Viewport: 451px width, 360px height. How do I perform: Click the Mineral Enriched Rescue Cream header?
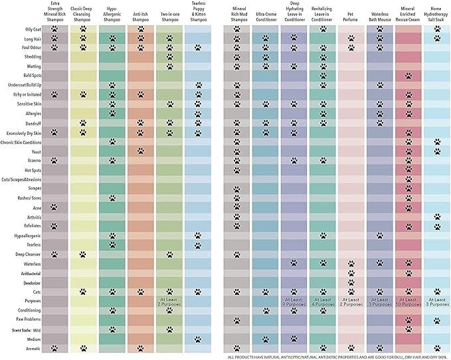point(408,13)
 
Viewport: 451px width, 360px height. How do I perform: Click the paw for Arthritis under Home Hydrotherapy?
point(436,217)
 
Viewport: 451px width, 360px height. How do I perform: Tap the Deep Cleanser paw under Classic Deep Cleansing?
point(83,254)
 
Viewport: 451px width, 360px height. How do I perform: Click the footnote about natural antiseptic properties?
point(338,357)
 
